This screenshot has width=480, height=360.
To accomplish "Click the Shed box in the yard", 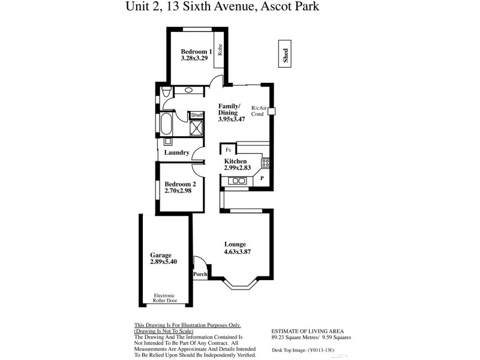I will pyautogui.click(x=286, y=55).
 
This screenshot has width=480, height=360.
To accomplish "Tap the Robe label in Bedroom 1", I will pyautogui.click(x=220, y=50).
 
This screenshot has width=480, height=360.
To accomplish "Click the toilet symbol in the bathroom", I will pyautogui.click(x=166, y=92).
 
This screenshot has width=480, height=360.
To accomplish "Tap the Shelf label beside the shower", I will pyautogui.click(x=197, y=115).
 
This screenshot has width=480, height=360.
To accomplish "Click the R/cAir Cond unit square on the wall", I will pyautogui.click(x=271, y=111).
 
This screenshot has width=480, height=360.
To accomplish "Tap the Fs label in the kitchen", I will pyautogui.click(x=228, y=150).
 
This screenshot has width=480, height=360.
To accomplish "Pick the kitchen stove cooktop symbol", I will pyautogui.click(x=265, y=162).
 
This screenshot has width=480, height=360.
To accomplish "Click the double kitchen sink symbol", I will pyautogui.click(x=239, y=180).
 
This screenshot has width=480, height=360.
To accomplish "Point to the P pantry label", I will pyautogui.click(x=262, y=178).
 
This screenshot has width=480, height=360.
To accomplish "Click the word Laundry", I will pyautogui.click(x=176, y=153).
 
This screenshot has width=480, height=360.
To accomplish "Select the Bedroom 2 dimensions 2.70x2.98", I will pyautogui.click(x=180, y=191).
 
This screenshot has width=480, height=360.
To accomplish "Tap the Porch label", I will pyautogui.click(x=200, y=275).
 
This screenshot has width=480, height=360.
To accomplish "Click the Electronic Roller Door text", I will pyautogui.click(x=164, y=298).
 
